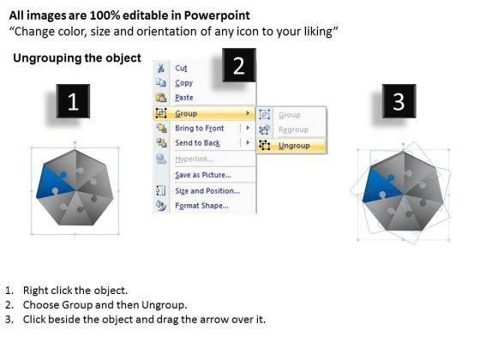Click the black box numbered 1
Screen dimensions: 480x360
[73, 101]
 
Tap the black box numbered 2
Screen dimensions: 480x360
[239, 65]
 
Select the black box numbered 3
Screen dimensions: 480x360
[399, 101]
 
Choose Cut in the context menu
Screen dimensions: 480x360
[181, 68]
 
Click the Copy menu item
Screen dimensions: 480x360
[183, 83]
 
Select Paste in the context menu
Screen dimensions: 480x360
[184, 98]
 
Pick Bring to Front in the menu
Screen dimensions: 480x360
[199, 129]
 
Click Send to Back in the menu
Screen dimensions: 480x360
[197, 143]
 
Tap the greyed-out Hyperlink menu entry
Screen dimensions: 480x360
[195, 159]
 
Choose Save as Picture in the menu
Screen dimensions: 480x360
[203, 175]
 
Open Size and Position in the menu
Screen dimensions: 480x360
[207, 191]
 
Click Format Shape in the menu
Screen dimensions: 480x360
[201, 206]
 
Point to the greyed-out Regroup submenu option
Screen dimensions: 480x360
[293, 129]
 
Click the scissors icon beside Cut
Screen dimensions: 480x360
[161, 68]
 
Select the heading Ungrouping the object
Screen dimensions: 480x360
[77, 58]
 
